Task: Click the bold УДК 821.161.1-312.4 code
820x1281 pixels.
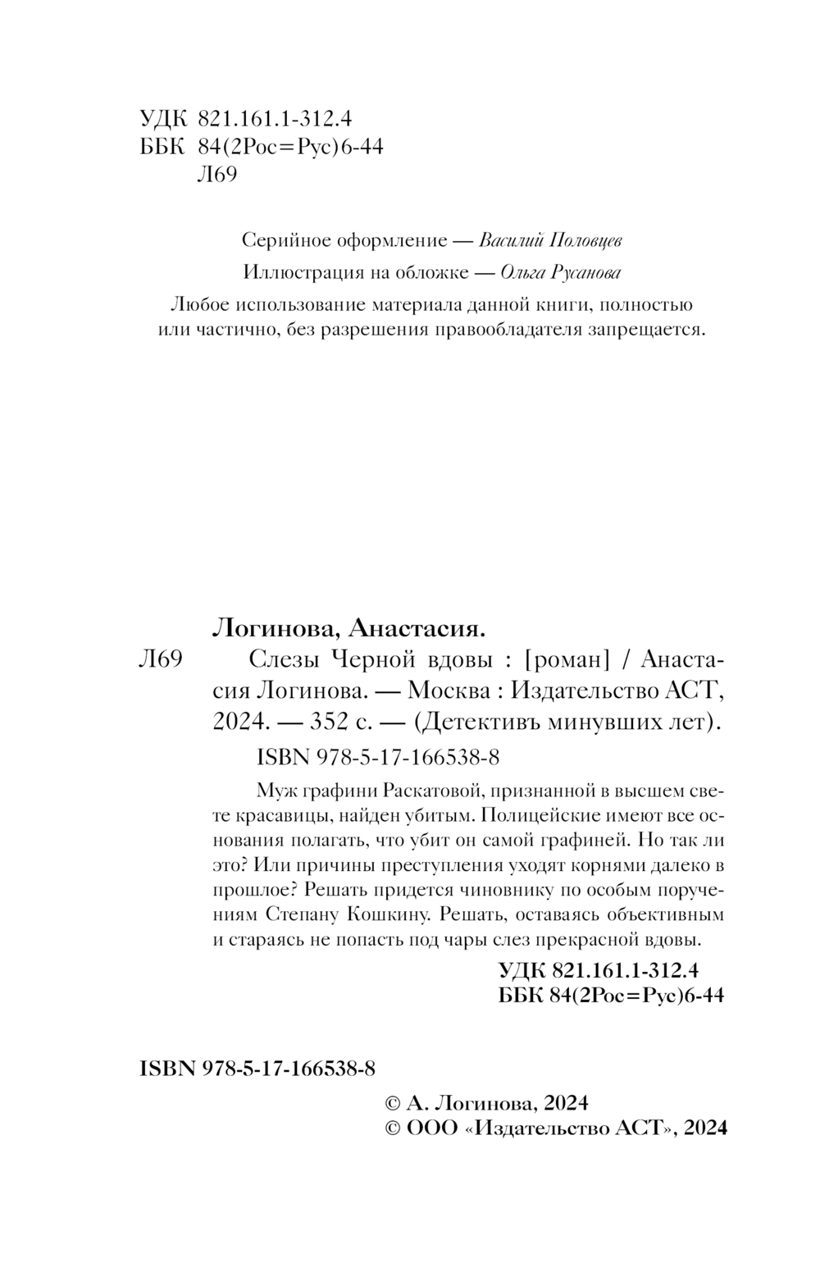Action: click(598, 970)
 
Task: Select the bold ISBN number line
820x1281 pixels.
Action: click(258, 1068)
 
